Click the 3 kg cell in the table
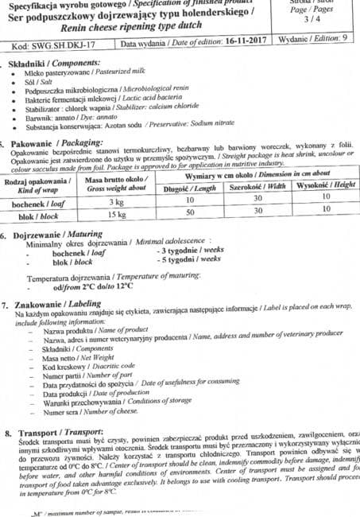tap(118, 203)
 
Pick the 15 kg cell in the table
tap(117, 215)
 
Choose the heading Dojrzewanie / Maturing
tap(56, 235)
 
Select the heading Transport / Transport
tap(51, 433)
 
